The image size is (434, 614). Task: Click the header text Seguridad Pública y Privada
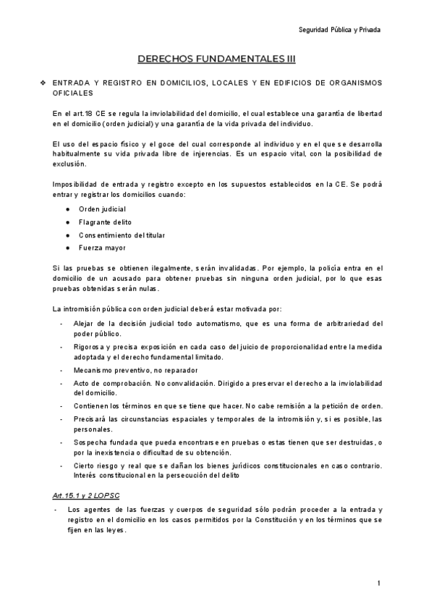pos(339,30)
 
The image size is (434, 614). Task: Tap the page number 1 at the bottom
pos(379,583)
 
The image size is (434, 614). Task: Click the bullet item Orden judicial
pos(103,209)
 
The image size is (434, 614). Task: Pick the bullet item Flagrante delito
pos(106,222)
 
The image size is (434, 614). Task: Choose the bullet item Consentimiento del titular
pos(122,235)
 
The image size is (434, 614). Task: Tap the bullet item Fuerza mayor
pos(103,248)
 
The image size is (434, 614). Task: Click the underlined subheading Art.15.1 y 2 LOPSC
pos(87,495)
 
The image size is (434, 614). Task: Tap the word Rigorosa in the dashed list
pos(89,347)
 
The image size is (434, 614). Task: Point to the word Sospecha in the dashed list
pos(90,442)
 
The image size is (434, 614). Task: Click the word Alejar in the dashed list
pos(84,323)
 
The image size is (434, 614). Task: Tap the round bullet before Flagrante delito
pos(67,222)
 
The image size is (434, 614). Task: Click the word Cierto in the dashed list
pos(84,466)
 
